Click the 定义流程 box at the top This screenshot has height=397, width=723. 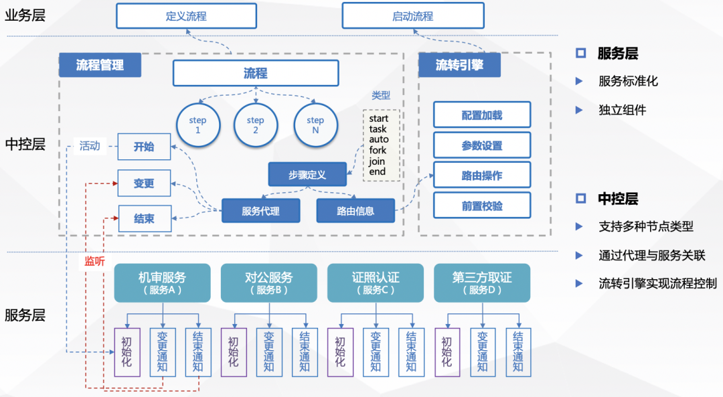[x=186, y=16]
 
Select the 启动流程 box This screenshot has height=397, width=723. [x=412, y=16]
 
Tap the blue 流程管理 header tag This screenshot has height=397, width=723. [x=100, y=65]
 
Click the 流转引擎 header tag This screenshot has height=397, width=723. [x=459, y=65]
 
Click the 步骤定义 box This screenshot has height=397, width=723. [x=307, y=174]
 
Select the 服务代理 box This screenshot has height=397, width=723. [x=260, y=211]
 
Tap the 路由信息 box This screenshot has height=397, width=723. [x=355, y=211]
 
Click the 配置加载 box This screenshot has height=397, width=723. [x=481, y=115]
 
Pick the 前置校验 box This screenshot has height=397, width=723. [x=481, y=206]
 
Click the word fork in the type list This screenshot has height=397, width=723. [x=378, y=150]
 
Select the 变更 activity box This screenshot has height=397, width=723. [x=144, y=183]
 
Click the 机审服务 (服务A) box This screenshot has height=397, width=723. [x=162, y=283]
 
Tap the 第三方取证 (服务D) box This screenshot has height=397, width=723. [x=482, y=283]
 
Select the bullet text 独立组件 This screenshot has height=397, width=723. [x=622, y=110]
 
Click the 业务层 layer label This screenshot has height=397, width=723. [x=25, y=15]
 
